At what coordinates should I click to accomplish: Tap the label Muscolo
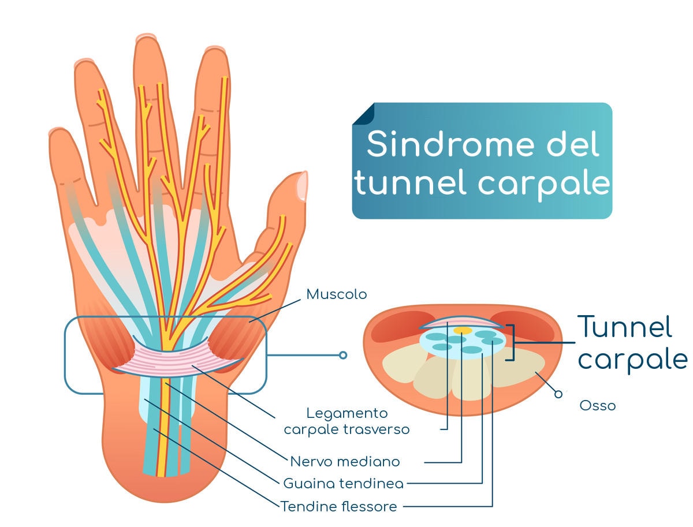click(336, 294)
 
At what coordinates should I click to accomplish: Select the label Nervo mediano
click(345, 462)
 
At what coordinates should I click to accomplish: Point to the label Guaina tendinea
click(343, 483)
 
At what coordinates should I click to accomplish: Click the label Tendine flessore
click(339, 507)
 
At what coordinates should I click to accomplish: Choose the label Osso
click(597, 406)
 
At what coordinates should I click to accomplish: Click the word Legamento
click(346, 413)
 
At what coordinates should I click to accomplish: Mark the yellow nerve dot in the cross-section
click(462, 330)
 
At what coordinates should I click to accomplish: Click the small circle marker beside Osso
click(558, 394)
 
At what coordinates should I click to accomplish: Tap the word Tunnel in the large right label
click(625, 327)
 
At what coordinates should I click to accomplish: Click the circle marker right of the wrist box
click(343, 355)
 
